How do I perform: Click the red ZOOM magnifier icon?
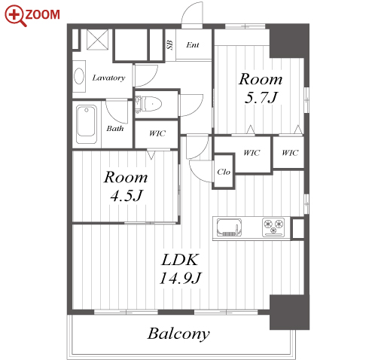click(x=16, y=16)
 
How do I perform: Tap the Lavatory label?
click(x=108, y=78)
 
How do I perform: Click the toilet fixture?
click(x=148, y=104)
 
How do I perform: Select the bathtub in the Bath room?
click(x=87, y=124)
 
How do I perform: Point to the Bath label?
click(x=115, y=129)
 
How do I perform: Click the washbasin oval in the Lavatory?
click(x=79, y=76)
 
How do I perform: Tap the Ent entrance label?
click(x=193, y=45)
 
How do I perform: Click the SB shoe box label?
click(x=170, y=44)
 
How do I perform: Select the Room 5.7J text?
click(x=261, y=88)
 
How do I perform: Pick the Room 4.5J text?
click(x=126, y=186)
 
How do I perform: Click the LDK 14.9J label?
click(x=180, y=269)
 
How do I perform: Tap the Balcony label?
click(x=178, y=334)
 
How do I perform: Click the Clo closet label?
click(x=224, y=172)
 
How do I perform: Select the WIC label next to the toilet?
click(x=157, y=133)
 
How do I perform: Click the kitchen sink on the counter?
click(x=229, y=227)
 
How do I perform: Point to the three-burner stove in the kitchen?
click(x=273, y=227)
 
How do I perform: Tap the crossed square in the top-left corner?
click(x=97, y=40)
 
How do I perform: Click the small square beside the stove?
click(x=298, y=229)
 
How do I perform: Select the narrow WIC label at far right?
click(x=290, y=153)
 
